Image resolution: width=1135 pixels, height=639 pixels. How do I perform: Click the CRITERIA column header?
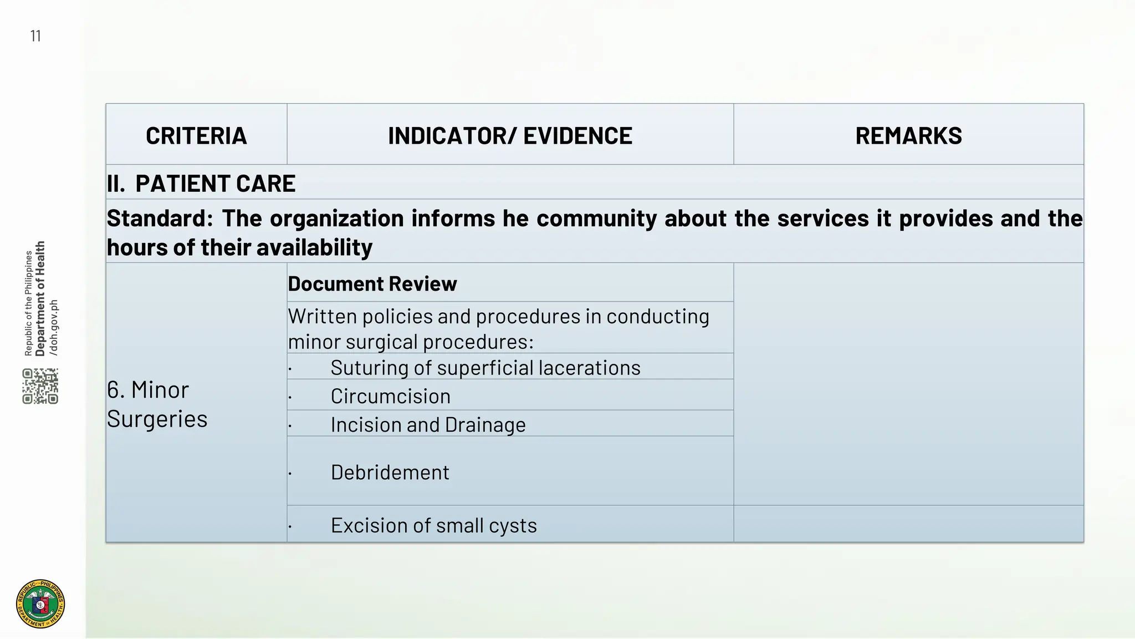click(x=196, y=136)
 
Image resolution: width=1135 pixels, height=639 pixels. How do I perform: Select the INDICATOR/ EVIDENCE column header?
click(x=510, y=136)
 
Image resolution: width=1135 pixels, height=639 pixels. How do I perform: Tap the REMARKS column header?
click(x=908, y=136)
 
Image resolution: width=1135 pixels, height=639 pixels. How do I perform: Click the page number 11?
click(x=35, y=37)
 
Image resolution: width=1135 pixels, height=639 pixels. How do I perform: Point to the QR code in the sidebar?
click(x=40, y=386)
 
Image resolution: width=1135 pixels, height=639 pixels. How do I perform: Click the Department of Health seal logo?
click(x=40, y=603)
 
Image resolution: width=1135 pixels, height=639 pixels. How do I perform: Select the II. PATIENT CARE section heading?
click(x=201, y=184)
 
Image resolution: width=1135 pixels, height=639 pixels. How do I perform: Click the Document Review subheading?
click(x=372, y=284)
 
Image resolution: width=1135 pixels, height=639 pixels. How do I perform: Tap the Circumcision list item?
click(x=390, y=397)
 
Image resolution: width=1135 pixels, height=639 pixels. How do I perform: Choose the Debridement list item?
click(x=390, y=473)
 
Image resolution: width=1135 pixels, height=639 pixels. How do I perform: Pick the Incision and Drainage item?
click(x=428, y=425)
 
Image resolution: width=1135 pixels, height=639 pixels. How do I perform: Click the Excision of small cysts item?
click(x=433, y=525)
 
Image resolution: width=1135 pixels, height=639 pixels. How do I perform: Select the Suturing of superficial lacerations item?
click(x=485, y=368)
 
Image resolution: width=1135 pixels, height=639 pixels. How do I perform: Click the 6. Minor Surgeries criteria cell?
click(x=157, y=404)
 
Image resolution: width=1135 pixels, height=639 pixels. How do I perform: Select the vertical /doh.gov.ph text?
click(x=54, y=327)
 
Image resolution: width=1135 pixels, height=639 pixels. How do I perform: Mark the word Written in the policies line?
click(x=322, y=317)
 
